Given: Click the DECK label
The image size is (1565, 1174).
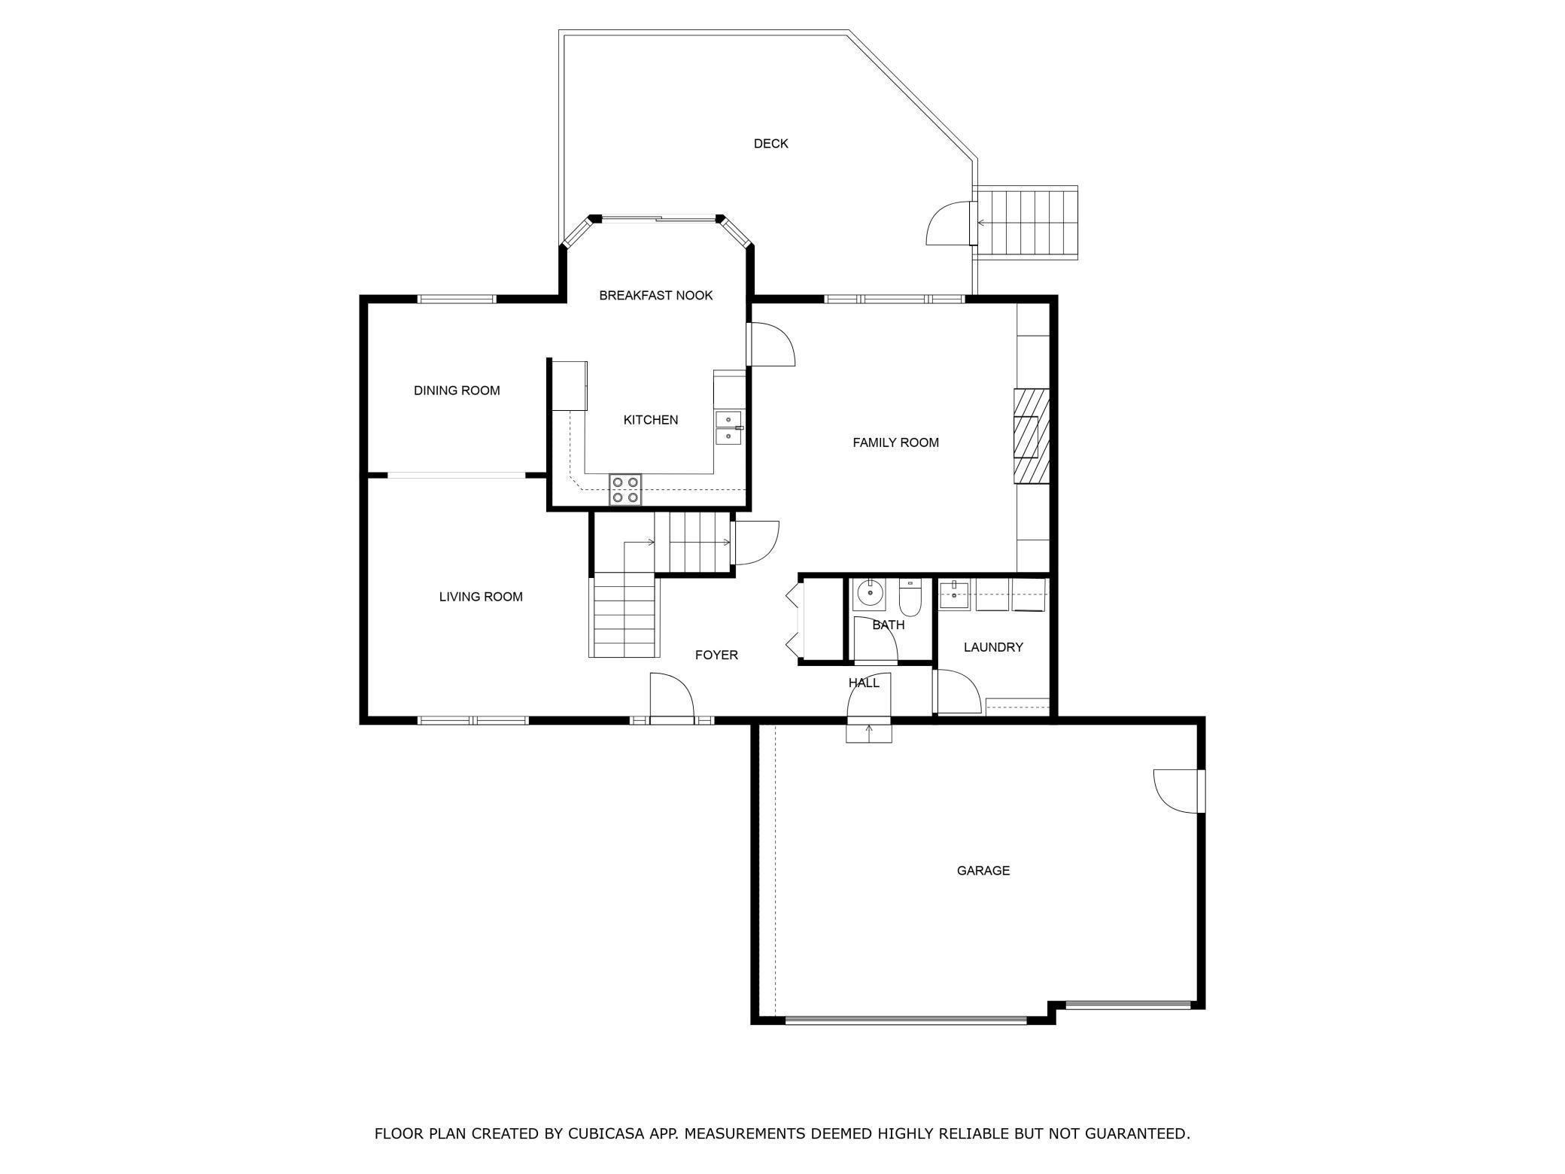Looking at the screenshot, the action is (770, 144).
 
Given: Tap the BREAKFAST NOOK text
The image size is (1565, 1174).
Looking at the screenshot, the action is (655, 296).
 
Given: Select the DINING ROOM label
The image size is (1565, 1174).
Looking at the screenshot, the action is (457, 391).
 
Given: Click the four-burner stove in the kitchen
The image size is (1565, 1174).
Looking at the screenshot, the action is (625, 489).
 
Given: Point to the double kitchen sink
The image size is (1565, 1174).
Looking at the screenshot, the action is (728, 427).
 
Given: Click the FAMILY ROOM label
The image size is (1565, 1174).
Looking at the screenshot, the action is (895, 443).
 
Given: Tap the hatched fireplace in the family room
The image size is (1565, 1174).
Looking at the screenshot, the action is (1031, 436).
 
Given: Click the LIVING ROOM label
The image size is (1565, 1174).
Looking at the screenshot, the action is (481, 597).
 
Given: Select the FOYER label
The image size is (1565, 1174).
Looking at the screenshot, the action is (716, 655).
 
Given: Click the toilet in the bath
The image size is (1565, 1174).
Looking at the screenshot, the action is (910, 598).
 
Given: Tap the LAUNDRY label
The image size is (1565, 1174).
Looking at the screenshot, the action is (993, 647).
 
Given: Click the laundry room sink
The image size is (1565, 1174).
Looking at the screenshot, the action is (955, 594).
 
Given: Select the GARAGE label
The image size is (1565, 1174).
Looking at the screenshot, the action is (983, 871).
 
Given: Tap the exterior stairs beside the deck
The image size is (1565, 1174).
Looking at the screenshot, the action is (1026, 223).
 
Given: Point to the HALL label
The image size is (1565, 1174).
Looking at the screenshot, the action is (864, 683).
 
